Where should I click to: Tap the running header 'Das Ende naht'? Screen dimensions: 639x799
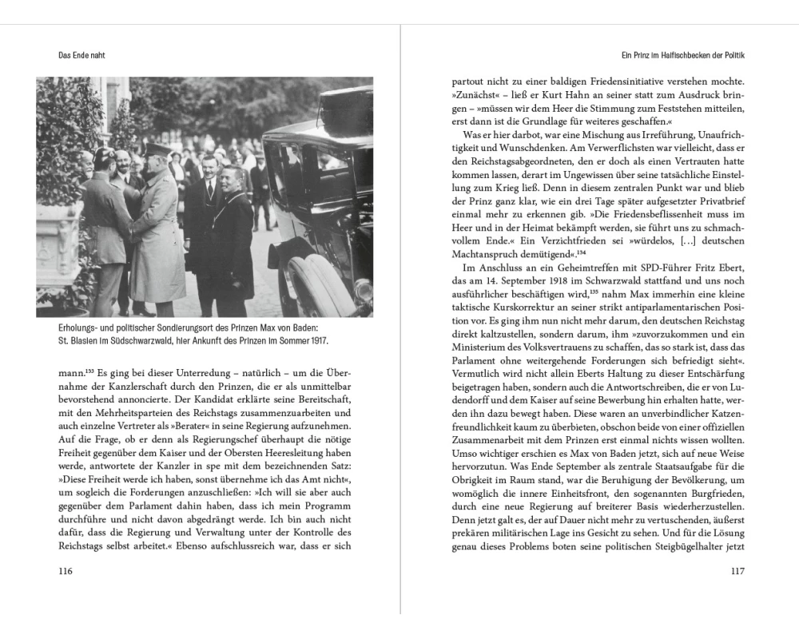82,55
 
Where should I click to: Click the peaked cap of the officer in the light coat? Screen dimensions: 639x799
158,149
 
